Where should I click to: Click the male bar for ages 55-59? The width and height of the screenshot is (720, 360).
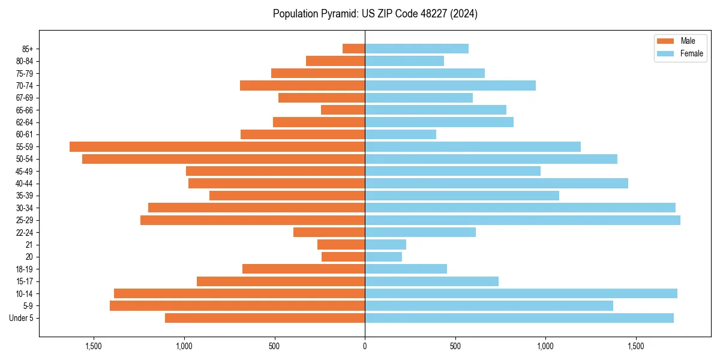point(217,146)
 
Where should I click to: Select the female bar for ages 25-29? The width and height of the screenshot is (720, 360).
point(523,220)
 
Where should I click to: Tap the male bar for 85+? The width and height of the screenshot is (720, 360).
point(354,49)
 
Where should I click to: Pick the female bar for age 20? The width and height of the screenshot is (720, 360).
point(383,257)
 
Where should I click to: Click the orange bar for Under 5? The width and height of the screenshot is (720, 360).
point(265,318)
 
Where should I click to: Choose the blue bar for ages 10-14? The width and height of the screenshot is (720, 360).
point(521,293)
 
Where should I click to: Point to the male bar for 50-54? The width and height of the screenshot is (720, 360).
point(223,159)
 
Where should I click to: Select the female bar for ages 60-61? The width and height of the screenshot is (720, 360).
point(400,134)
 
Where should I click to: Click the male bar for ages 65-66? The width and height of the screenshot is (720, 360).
point(343,110)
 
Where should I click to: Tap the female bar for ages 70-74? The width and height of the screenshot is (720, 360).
point(450,85)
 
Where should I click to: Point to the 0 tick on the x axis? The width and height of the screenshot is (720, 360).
point(365,346)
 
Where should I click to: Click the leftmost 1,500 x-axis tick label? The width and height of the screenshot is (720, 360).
point(94,346)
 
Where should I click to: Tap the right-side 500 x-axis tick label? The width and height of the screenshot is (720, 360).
point(455,346)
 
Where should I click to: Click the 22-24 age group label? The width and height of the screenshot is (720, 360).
point(25,232)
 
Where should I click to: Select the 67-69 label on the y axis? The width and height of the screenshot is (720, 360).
point(25,98)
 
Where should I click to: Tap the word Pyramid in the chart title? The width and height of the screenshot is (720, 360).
point(337,14)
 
